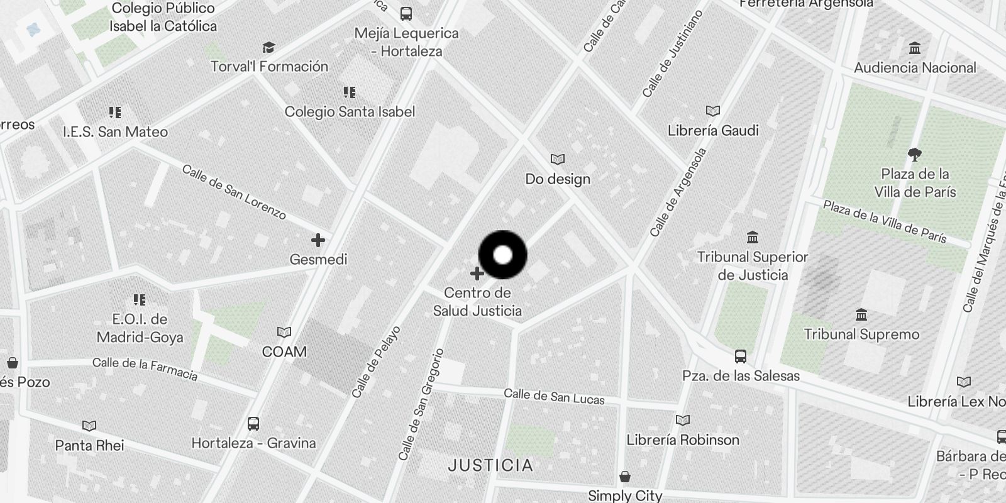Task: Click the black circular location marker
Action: click(x=502, y=255)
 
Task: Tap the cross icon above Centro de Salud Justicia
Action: click(x=477, y=274)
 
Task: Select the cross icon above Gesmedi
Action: click(x=318, y=240)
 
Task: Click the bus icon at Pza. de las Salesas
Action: click(x=741, y=357)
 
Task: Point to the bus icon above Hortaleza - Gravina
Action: click(x=253, y=424)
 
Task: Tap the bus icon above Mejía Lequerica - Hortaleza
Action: click(x=406, y=14)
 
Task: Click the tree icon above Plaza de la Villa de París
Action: click(x=915, y=154)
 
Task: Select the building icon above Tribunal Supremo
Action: click(x=861, y=314)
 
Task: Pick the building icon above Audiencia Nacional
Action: click(x=915, y=48)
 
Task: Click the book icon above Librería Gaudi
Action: click(x=712, y=111)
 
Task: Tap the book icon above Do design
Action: click(x=558, y=160)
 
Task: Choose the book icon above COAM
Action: click(x=284, y=333)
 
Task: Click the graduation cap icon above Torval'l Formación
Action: click(x=269, y=48)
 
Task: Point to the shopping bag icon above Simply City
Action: click(x=625, y=477)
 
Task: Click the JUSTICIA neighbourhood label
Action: click(x=491, y=466)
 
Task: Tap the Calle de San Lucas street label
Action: click(x=554, y=397)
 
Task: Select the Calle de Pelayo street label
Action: click(x=376, y=362)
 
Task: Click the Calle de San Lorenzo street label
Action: click(x=234, y=192)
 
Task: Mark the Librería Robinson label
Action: click(x=683, y=439)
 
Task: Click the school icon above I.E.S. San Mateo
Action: click(x=115, y=113)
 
